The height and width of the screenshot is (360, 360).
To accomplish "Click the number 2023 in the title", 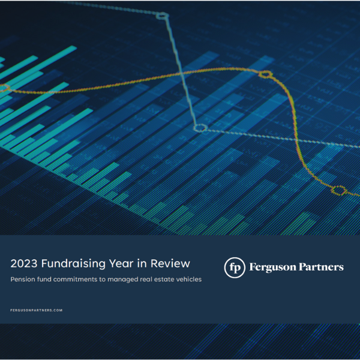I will [25, 263].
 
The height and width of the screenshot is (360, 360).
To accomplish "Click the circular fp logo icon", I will [235, 267].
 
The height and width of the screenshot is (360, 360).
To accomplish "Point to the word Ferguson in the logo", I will [273, 267].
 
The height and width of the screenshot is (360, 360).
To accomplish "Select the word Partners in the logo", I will [321, 267].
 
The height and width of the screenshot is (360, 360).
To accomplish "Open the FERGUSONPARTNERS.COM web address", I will [37, 310].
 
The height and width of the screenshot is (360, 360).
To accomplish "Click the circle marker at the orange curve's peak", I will [265, 74].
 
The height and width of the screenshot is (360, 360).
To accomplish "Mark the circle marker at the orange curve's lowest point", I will [339, 191].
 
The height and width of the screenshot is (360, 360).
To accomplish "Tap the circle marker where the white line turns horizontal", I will [200, 128].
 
